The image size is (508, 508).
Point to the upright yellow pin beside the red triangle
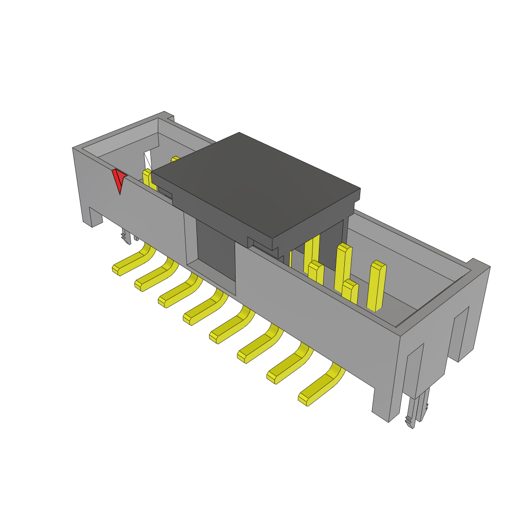pyautogui.click(x=148, y=179)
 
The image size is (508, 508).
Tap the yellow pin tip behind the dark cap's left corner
pyautogui.click(x=175, y=159)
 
